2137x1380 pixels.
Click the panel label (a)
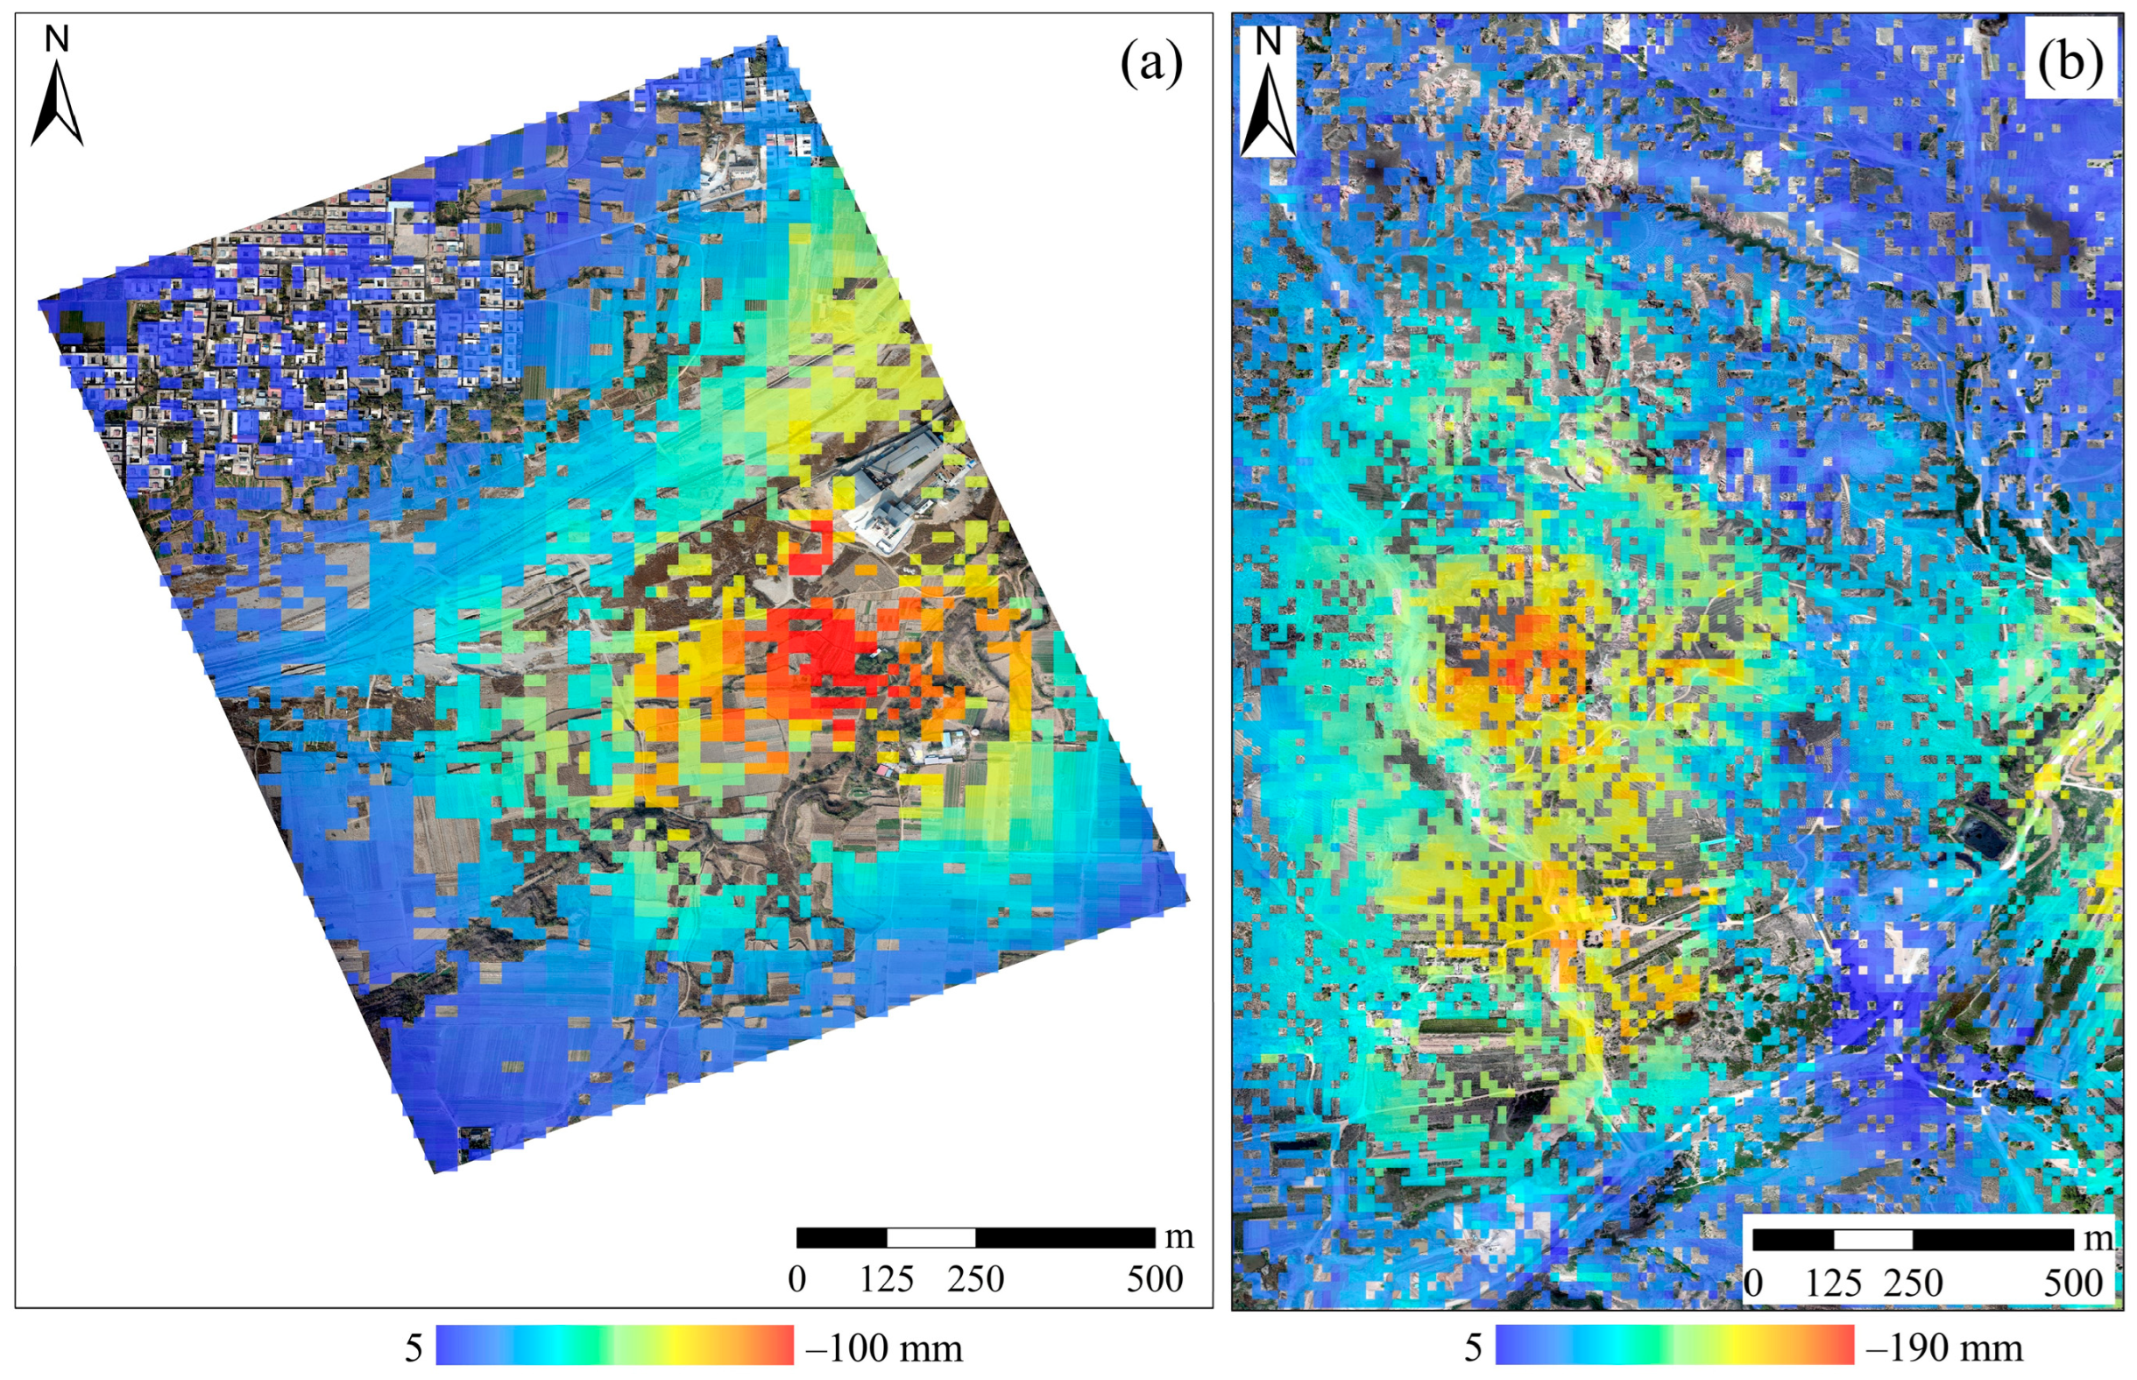1150,65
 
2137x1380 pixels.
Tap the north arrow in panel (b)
1268,108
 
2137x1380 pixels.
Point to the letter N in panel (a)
57,39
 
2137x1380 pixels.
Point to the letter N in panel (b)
1268,40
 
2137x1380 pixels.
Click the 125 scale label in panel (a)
886,1278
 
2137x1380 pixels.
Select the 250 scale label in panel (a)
976,1278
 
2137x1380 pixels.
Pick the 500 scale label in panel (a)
1154,1278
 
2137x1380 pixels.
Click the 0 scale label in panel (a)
796,1278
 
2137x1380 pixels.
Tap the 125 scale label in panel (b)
1833,1284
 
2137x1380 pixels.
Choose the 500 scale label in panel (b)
2072,1284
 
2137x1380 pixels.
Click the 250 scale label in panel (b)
1913,1284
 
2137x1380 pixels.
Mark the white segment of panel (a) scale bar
931,1237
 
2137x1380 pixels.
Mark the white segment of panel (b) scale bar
1872,1239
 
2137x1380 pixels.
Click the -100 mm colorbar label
884,1348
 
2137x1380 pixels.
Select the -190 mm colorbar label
1944,1348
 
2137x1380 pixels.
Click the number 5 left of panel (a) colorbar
413,1348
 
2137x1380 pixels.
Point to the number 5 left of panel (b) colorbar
1473,1348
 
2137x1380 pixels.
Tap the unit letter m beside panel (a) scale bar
1179,1236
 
